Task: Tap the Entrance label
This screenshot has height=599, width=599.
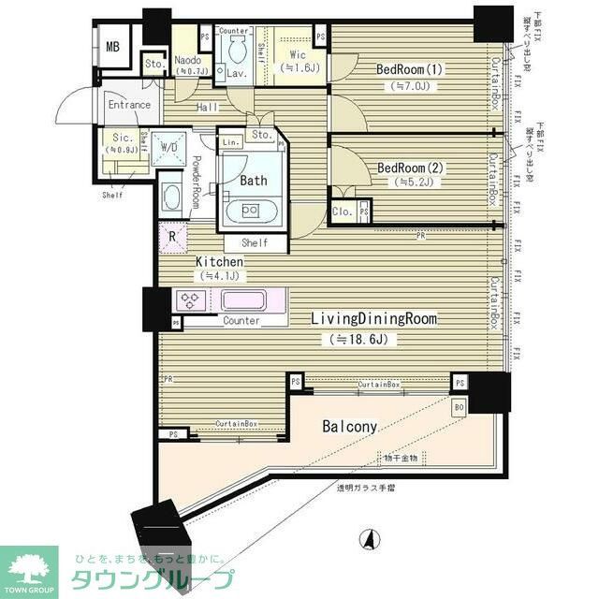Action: tap(129, 105)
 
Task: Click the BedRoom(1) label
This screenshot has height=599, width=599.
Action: tap(409, 69)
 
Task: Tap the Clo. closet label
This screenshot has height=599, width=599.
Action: tap(343, 212)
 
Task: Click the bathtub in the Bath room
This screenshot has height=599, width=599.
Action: tap(250, 210)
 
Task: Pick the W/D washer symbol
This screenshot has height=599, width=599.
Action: tap(170, 148)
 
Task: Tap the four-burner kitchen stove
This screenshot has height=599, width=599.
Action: tap(191, 301)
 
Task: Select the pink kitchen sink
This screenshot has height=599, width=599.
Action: tap(243, 301)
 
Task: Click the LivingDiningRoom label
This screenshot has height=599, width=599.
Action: tap(374, 318)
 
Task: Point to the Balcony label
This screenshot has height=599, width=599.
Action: tap(350, 427)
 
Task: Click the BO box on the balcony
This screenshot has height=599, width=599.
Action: tap(459, 407)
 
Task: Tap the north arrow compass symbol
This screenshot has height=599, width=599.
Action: tap(371, 540)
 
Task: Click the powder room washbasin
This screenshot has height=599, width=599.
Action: tap(172, 197)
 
